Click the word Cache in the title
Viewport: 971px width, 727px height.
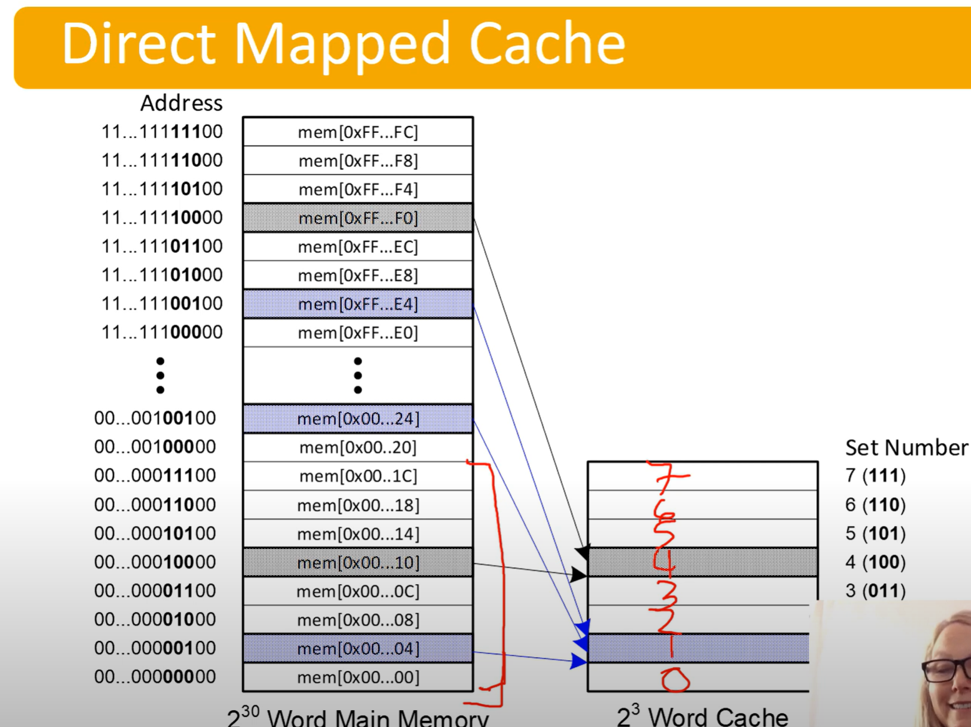point(547,44)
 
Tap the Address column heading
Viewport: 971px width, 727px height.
point(181,103)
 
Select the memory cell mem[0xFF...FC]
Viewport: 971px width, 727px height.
point(358,132)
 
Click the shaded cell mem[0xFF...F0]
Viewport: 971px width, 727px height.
point(358,218)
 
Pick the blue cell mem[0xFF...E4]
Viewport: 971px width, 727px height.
point(358,304)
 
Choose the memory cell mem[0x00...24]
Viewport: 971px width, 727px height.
point(358,418)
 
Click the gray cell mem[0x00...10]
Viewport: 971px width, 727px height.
point(358,562)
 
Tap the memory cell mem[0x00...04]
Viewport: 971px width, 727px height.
point(358,648)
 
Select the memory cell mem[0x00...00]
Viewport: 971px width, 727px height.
point(358,677)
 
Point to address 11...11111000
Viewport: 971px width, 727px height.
point(162,160)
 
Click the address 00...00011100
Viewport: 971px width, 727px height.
point(155,476)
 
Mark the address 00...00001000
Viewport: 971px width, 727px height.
point(155,619)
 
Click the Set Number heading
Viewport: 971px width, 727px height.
point(906,447)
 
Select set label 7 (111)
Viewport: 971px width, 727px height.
point(875,476)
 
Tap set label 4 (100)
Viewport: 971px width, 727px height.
point(875,562)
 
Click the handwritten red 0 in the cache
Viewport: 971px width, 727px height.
point(675,679)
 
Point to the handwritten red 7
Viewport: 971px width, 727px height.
point(666,477)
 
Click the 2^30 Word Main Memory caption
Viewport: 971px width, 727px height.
point(358,717)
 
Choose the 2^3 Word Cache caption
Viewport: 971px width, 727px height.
point(702,716)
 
